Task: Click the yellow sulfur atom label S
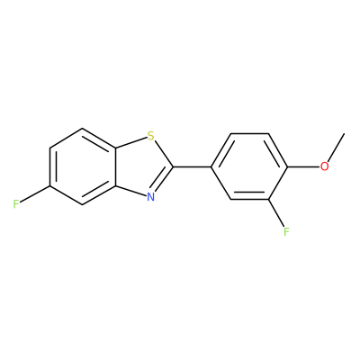pyautogui.click(x=151, y=136)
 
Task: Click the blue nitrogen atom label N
pyautogui.click(x=151, y=197)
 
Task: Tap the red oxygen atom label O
pyautogui.click(x=324, y=166)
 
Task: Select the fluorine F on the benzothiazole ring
pyautogui.click(x=16, y=204)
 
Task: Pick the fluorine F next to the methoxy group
pyautogui.click(x=286, y=231)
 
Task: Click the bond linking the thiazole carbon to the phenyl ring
pyautogui.click(x=193, y=166)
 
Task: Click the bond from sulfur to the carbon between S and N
pyautogui.click(x=164, y=154)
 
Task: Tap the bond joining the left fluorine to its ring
pyautogui.click(x=35, y=195)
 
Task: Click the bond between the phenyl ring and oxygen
pyautogui.click(x=303, y=166)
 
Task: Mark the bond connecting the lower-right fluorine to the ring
pyautogui.click(x=276, y=212)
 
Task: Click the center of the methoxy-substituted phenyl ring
pyautogui.click(x=249, y=166)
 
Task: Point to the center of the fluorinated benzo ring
pyautogui.click(x=83, y=166)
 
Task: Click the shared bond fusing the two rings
pyautogui.click(x=115, y=166)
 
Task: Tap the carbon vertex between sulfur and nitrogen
pyautogui.click(x=174, y=166)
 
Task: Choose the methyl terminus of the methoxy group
pyautogui.click(x=344, y=133)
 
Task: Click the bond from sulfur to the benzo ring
pyautogui.click(x=131, y=142)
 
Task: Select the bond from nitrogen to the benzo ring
pyautogui.click(x=131, y=191)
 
